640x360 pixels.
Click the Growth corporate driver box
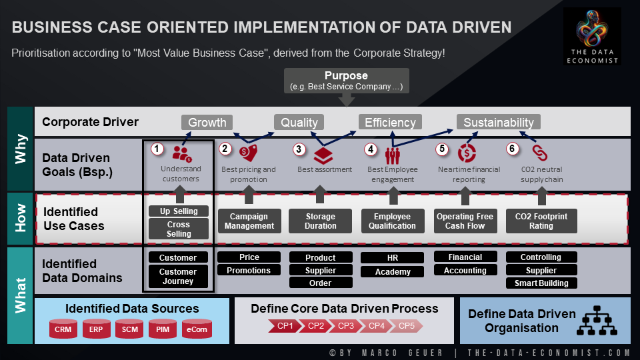(x=207, y=122)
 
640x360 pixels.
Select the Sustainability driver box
(x=499, y=122)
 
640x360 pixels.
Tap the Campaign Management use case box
(x=249, y=221)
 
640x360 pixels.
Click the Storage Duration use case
(x=321, y=221)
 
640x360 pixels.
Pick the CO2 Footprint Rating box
(x=541, y=221)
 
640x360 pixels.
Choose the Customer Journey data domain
(x=178, y=276)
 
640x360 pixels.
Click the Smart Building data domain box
(x=541, y=283)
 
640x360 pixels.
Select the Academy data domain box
(x=393, y=271)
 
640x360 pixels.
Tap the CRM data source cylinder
(x=63, y=329)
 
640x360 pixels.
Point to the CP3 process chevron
(x=345, y=326)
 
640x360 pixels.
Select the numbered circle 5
(x=441, y=149)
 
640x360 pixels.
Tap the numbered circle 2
(x=225, y=149)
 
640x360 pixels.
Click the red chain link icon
(x=539, y=153)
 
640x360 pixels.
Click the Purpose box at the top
(x=346, y=81)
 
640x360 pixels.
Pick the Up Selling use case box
(x=179, y=211)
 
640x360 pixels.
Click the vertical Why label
(x=21, y=149)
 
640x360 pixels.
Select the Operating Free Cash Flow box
(x=465, y=221)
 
